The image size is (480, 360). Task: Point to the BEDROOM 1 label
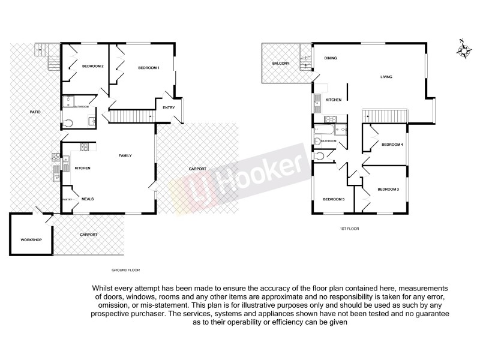(148, 68)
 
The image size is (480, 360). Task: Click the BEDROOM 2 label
(93, 66)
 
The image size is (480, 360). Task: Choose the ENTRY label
(168, 107)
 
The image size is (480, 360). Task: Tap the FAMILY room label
(125, 156)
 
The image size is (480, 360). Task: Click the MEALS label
(88, 199)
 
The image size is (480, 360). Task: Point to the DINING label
(330, 58)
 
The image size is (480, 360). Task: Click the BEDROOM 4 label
(392, 144)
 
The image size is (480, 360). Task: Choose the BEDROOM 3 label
(388, 190)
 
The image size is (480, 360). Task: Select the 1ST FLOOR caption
(349, 229)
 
